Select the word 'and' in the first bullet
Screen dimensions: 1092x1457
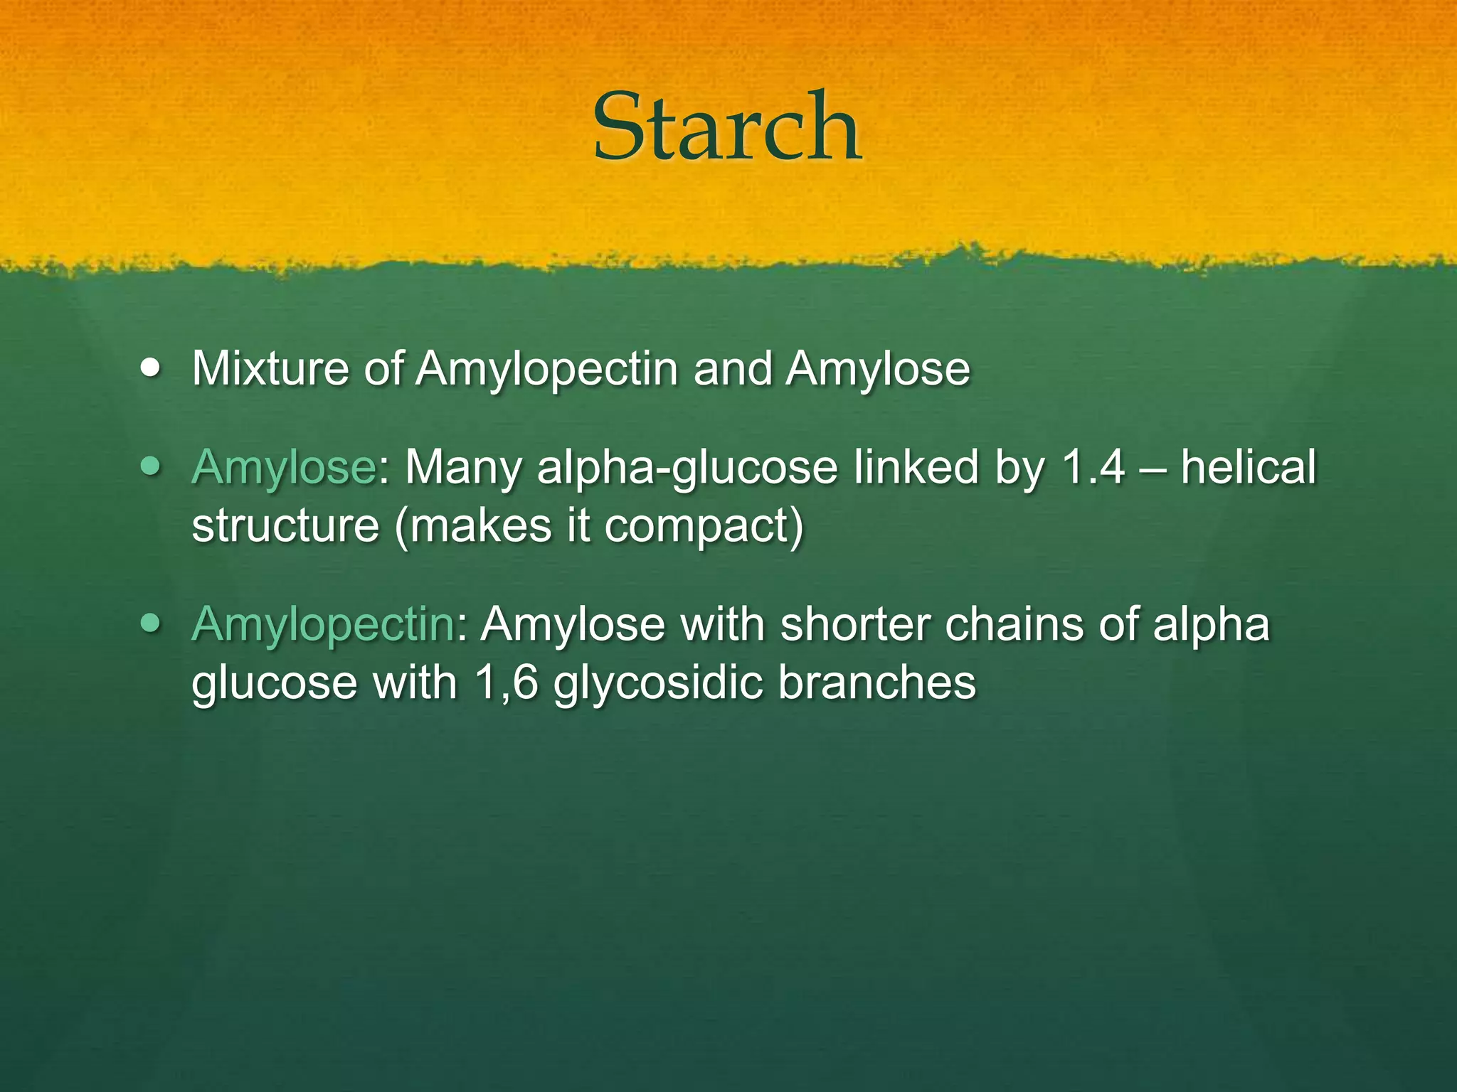(x=733, y=369)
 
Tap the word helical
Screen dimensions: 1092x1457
(x=1249, y=468)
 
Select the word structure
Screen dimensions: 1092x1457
(x=285, y=526)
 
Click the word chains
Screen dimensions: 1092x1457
(x=1013, y=624)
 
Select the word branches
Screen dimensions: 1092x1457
(x=876, y=682)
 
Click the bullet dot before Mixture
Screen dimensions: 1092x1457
(x=150, y=369)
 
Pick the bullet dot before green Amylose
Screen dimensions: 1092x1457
(x=150, y=467)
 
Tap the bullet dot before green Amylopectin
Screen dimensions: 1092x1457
(x=150, y=623)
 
